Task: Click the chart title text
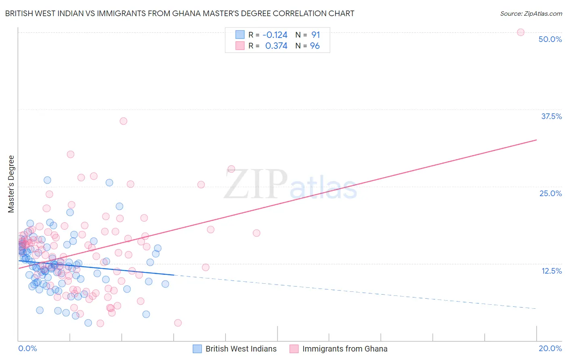(179, 13)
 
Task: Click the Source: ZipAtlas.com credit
(531, 13)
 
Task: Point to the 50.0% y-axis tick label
(550, 39)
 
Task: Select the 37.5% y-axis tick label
(551, 116)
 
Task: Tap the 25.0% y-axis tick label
(550, 193)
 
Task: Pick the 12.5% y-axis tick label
(551, 271)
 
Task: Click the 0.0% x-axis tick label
(27, 348)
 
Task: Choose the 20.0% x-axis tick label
(550, 348)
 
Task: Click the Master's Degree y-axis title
(11, 184)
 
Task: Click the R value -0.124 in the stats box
(275, 35)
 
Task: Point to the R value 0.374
(276, 46)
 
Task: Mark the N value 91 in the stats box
(315, 35)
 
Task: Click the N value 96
(315, 46)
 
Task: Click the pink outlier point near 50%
(521, 32)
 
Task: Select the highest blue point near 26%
(47, 180)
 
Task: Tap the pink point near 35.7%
(123, 121)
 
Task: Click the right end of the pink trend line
(536, 140)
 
